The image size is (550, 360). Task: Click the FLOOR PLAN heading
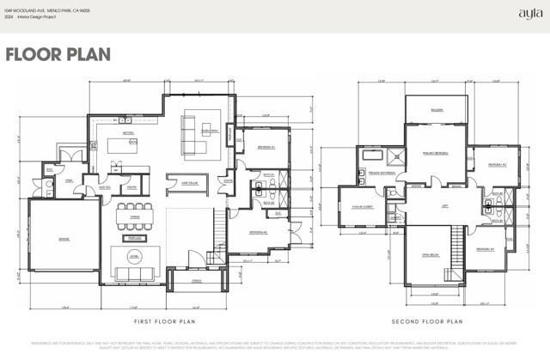[58, 54]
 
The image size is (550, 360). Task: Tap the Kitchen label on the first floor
[128, 134]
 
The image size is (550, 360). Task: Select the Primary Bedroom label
[436, 153]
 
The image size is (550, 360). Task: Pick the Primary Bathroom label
[382, 173]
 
